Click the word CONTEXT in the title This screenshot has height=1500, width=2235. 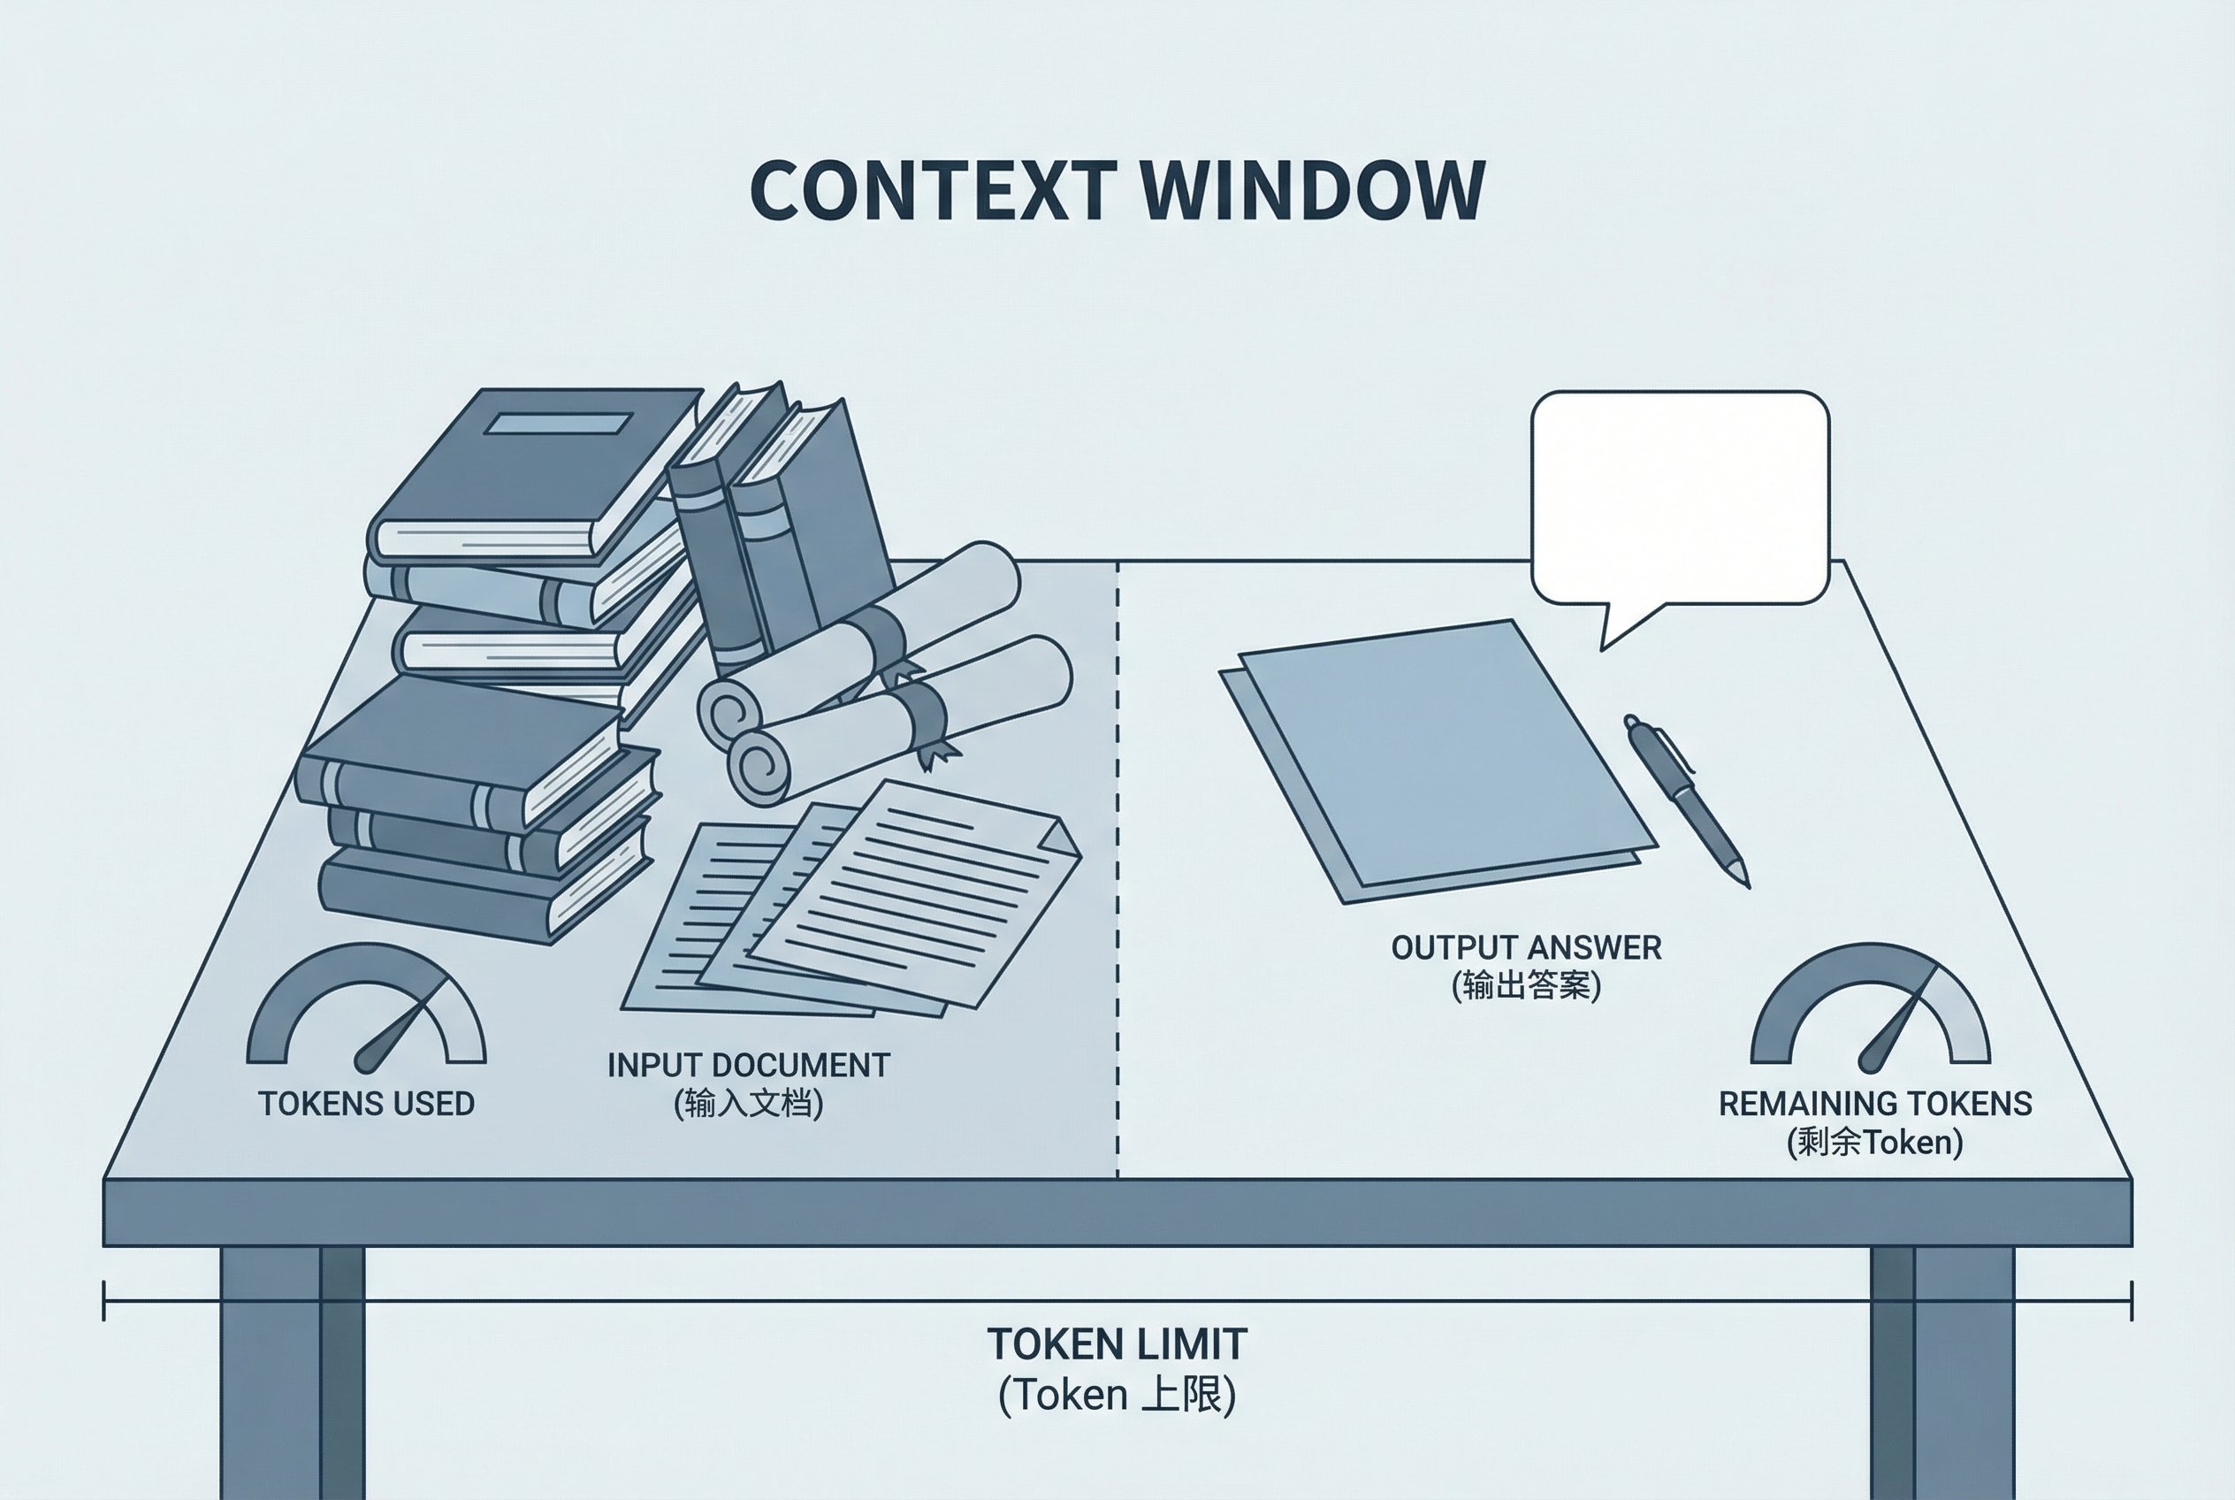[933, 190]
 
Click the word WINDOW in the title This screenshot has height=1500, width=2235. [1313, 190]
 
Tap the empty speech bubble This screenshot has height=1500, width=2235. [1680, 497]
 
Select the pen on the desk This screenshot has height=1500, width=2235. [1687, 799]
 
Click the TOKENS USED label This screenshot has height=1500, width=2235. [366, 1104]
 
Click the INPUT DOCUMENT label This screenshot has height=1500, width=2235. [748, 1066]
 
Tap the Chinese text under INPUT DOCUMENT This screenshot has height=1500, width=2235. [748, 1104]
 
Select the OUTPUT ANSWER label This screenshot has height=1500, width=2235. [1526, 948]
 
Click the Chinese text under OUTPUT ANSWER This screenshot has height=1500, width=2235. [1526, 985]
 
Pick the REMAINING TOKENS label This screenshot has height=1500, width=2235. [1874, 1104]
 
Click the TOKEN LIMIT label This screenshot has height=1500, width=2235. [1117, 1345]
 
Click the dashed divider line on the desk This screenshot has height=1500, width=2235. [1117, 861]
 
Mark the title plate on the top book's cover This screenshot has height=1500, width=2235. [558, 423]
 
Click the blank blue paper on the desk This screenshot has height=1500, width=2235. [1435, 755]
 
